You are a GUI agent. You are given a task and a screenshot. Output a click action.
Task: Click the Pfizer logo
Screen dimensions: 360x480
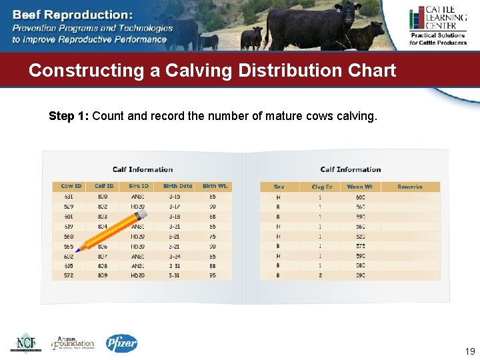pos(122,343)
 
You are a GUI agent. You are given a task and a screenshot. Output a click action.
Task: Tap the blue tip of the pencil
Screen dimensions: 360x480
pos(78,251)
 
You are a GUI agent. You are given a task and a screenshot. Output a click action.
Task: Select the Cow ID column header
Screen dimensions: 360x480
pos(71,186)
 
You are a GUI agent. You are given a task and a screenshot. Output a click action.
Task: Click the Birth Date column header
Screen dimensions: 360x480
pos(177,186)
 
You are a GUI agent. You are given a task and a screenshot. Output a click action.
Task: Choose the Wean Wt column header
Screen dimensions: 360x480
pos(360,187)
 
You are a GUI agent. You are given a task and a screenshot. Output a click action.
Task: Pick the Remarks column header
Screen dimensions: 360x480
pos(409,187)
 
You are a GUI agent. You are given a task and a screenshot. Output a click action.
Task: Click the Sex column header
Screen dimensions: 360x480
pos(279,187)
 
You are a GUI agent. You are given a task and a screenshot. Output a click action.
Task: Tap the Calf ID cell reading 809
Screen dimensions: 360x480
pos(103,275)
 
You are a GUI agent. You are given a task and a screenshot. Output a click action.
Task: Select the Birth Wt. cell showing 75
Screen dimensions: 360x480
pos(212,236)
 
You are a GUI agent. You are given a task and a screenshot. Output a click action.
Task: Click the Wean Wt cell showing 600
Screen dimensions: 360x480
pos(360,197)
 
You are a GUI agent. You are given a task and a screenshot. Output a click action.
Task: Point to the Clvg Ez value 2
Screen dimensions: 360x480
pos(320,275)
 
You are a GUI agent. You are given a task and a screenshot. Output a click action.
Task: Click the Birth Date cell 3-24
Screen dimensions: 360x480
pos(174,255)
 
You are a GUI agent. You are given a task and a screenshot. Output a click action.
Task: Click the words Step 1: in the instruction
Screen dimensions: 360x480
pos(69,116)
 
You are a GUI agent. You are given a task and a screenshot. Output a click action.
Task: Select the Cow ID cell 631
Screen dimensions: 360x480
pos(69,197)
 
